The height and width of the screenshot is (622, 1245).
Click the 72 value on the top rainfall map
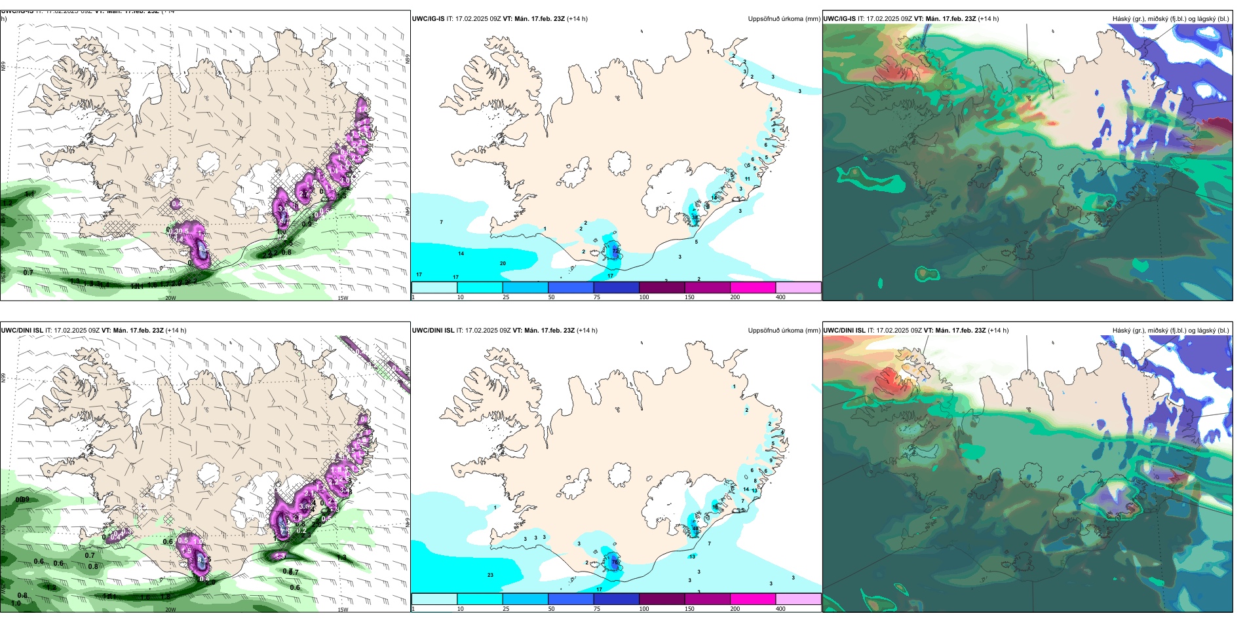(615, 251)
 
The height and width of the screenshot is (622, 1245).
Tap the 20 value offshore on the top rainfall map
(503, 263)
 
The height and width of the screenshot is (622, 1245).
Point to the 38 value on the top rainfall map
(695, 217)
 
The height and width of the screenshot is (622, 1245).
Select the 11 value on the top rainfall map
(747, 179)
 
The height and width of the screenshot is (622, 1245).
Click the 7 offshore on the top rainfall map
(441, 223)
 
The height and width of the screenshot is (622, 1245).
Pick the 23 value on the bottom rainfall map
(490, 575)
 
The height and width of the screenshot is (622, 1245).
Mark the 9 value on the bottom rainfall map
(771, 460)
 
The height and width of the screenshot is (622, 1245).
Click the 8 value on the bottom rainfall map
(755, 481)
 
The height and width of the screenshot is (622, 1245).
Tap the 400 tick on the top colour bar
(780, 297)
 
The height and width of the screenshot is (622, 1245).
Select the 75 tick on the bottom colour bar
(597, 609)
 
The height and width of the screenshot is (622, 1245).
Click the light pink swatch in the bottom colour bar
(798, 598)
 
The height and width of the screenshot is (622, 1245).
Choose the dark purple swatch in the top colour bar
(661, 287)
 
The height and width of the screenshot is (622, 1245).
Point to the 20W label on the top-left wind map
(170, 298)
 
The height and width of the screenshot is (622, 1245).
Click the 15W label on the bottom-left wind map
(343, 610)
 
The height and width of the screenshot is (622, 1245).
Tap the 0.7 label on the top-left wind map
(28, 272)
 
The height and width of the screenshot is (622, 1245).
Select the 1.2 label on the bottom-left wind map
(51, 587)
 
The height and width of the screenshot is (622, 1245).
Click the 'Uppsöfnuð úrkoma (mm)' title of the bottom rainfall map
(784, 331)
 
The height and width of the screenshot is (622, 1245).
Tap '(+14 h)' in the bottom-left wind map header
(176, 331)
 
